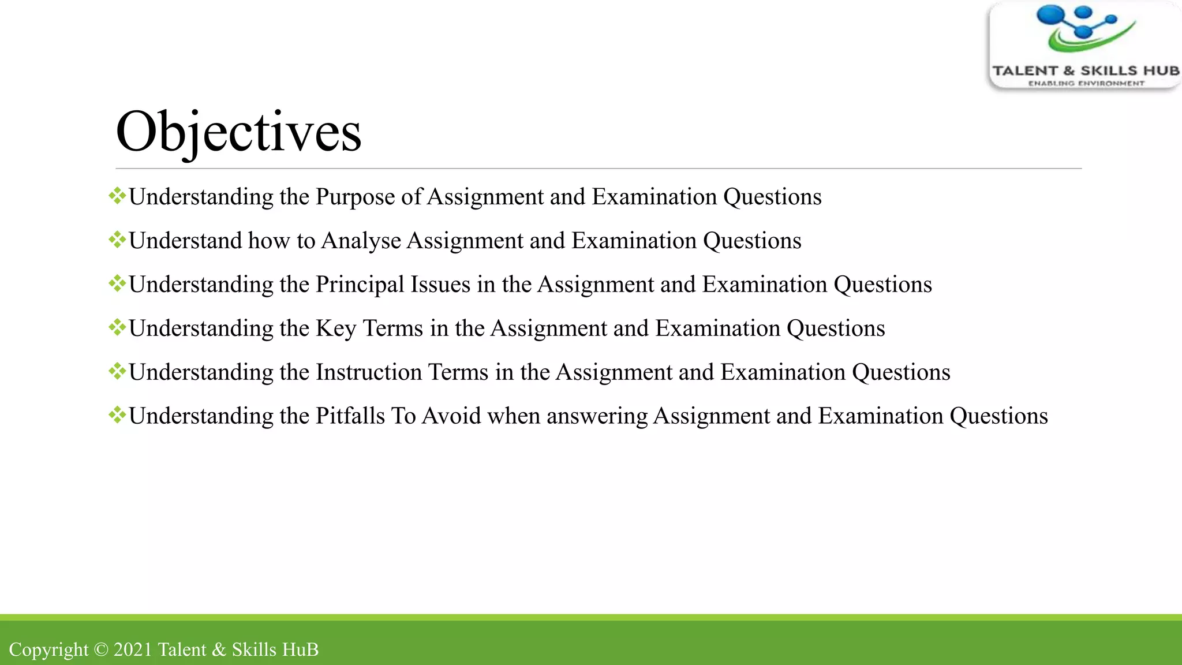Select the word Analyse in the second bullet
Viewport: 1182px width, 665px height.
(x=361, y=241)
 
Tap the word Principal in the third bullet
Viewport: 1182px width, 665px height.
(x=360, y=285)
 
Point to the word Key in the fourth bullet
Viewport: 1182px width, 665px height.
(x=336, y=329)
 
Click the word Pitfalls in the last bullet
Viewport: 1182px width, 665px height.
(x=350, y=416)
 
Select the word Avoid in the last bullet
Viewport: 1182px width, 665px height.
(x=451, y=416)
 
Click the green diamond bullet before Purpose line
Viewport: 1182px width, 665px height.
(x=117, y=196)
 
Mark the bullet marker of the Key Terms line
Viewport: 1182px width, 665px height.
(x=117, y=327)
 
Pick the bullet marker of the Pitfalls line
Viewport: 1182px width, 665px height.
(x=117, y=415)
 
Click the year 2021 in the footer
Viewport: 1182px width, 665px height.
(x=133, y=649)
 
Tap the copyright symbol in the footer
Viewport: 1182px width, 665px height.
(x=101, y=649)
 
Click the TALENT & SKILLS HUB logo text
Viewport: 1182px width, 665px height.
(x=1086, y=71)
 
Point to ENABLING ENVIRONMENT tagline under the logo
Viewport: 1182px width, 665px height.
(x=1086, y=84)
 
